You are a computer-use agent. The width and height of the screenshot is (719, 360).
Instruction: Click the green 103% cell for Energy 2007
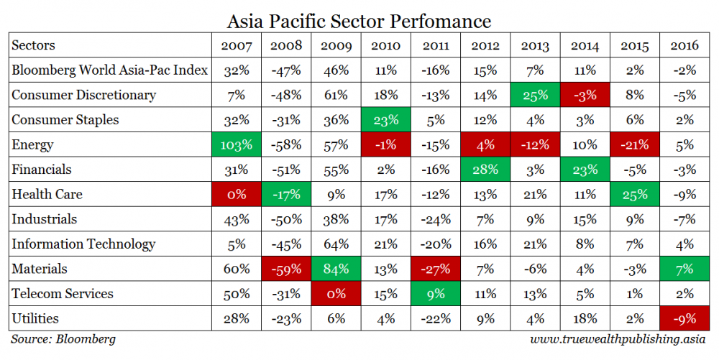coord(236,144)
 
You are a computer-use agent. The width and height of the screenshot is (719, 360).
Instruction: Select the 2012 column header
coord(485,46)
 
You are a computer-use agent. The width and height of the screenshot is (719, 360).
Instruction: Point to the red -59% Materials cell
coord(286,269)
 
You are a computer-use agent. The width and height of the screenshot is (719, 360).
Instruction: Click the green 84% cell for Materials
coord(336,269)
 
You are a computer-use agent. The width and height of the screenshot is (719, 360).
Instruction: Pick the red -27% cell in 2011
coord(436,269)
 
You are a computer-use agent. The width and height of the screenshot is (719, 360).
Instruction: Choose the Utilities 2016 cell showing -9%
coord(684,318)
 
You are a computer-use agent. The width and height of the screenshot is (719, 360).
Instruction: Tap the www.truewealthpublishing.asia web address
coord(619,339)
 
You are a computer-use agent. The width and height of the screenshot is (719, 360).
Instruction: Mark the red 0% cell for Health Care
coord(236,194)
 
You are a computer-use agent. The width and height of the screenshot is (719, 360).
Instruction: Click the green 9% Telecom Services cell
coord(436,293)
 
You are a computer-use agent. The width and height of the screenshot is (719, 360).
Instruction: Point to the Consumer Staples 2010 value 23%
coord(385,120)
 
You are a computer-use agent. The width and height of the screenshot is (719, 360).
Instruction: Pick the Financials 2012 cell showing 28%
coord(485,170)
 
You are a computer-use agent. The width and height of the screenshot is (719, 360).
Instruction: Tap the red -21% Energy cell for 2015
coord(634,144)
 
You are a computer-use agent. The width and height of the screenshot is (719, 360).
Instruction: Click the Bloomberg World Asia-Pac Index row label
coord(109,70)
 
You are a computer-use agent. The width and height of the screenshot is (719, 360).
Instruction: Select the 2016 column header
coord(684,46)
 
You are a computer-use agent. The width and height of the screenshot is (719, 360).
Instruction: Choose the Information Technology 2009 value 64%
coord(336,244)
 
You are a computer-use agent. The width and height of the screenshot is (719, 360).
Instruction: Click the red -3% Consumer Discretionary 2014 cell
coord(585,95)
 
